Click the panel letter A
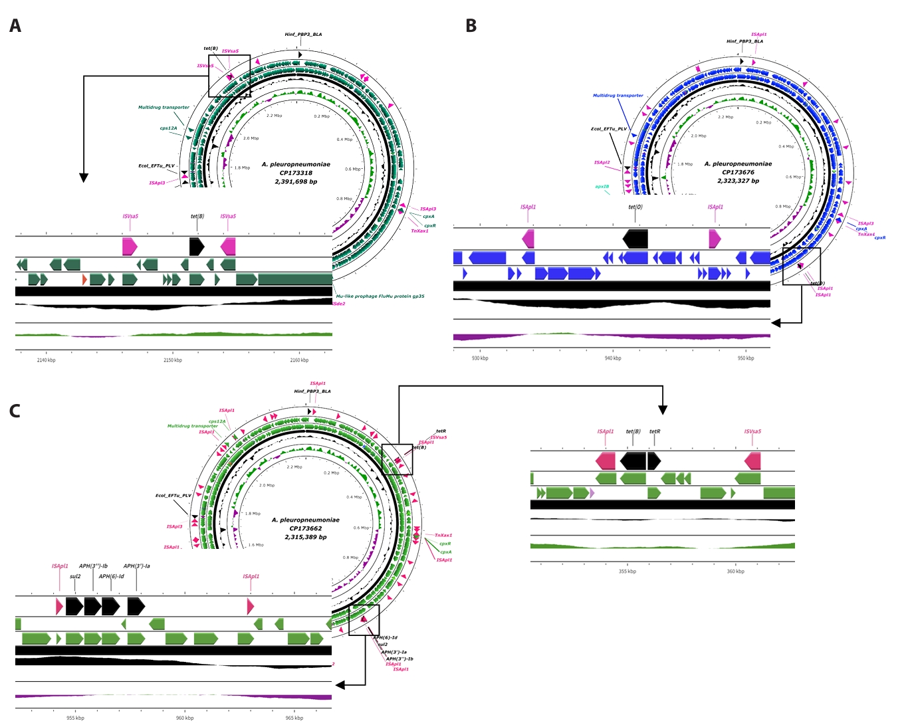[15, 26]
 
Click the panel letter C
[15, 411]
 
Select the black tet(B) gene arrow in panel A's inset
[197, 247]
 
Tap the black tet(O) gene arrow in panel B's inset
[635, 239]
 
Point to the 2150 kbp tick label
[173, 360]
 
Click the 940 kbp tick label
[613, 358]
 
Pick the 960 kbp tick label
[185, 718]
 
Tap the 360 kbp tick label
[736, 571]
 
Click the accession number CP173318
[296, 173]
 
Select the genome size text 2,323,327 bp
[738, 181]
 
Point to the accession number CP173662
[306, 528]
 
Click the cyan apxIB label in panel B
[602, 187]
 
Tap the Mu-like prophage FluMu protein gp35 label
[380, 296]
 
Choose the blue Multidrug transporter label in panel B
[618, 96]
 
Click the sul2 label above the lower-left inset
[75, 576]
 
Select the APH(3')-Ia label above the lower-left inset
[136, 566]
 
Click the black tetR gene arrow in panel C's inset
[654, 461]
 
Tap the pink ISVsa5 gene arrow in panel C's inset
[752, 461]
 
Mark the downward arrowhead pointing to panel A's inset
[84, 177]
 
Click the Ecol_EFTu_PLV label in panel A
[156, 165]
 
